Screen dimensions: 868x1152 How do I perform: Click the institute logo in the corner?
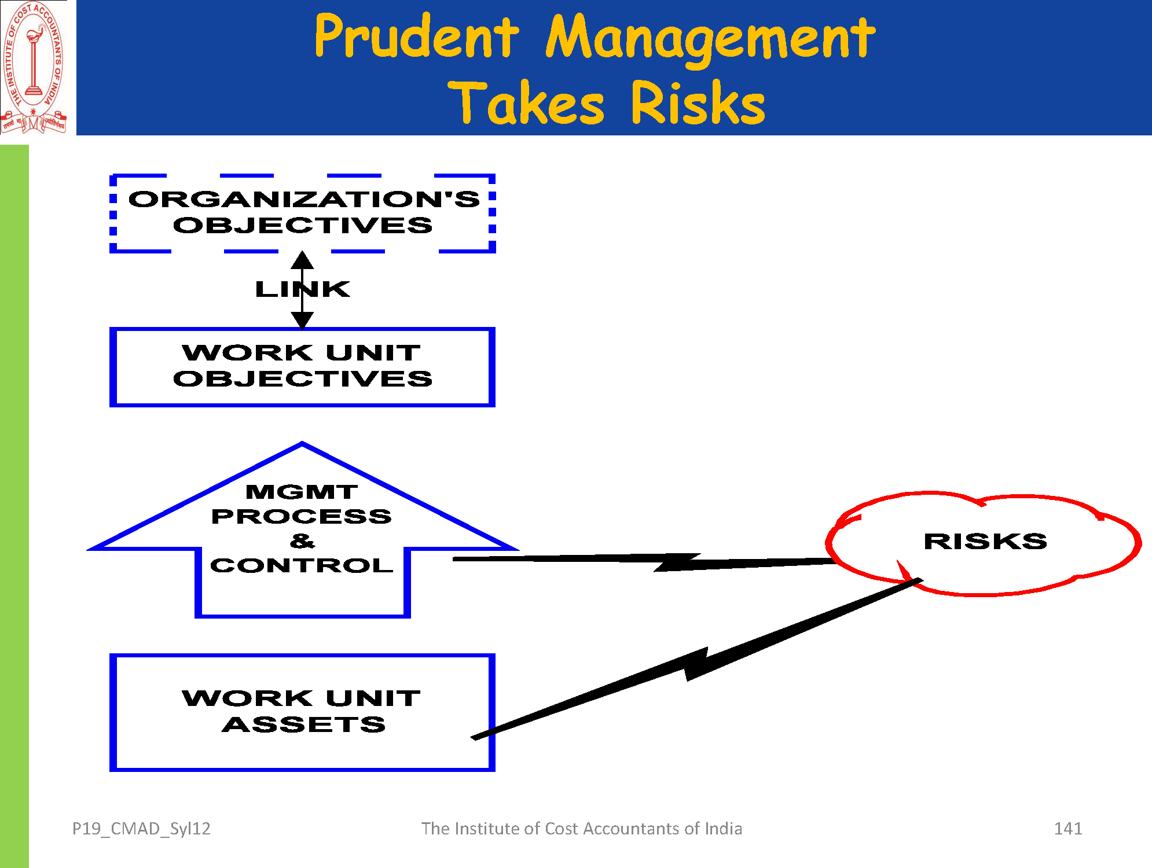click(x=34, y=68)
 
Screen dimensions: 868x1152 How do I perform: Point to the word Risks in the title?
click(x=698, y=104)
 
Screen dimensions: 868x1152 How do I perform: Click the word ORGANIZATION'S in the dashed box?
click(x=304, y=199)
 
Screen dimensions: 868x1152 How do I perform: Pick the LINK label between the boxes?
click(x=303, y=289)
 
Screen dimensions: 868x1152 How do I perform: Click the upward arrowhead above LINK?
click(x=302, y=260)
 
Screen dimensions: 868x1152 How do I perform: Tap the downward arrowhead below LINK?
click(x=302, y=319)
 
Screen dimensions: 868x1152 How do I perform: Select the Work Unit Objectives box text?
click(x=302, y=366)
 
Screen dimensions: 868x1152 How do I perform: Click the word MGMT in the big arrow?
click(x=302, y=492)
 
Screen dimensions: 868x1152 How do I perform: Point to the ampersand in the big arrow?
click(x=302, y=541)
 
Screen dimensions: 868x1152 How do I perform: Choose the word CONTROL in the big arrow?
click(x=302, y=565)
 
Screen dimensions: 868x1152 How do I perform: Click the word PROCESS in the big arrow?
click(x=302, y=516)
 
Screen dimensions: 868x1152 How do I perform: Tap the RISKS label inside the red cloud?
click(x=985, y=542)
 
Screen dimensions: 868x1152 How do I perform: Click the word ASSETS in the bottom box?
click(x=303, y=724)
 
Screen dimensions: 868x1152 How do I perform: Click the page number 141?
click(x=1068, y=829)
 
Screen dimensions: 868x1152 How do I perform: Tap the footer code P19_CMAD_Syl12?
click(x=141, y=829)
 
